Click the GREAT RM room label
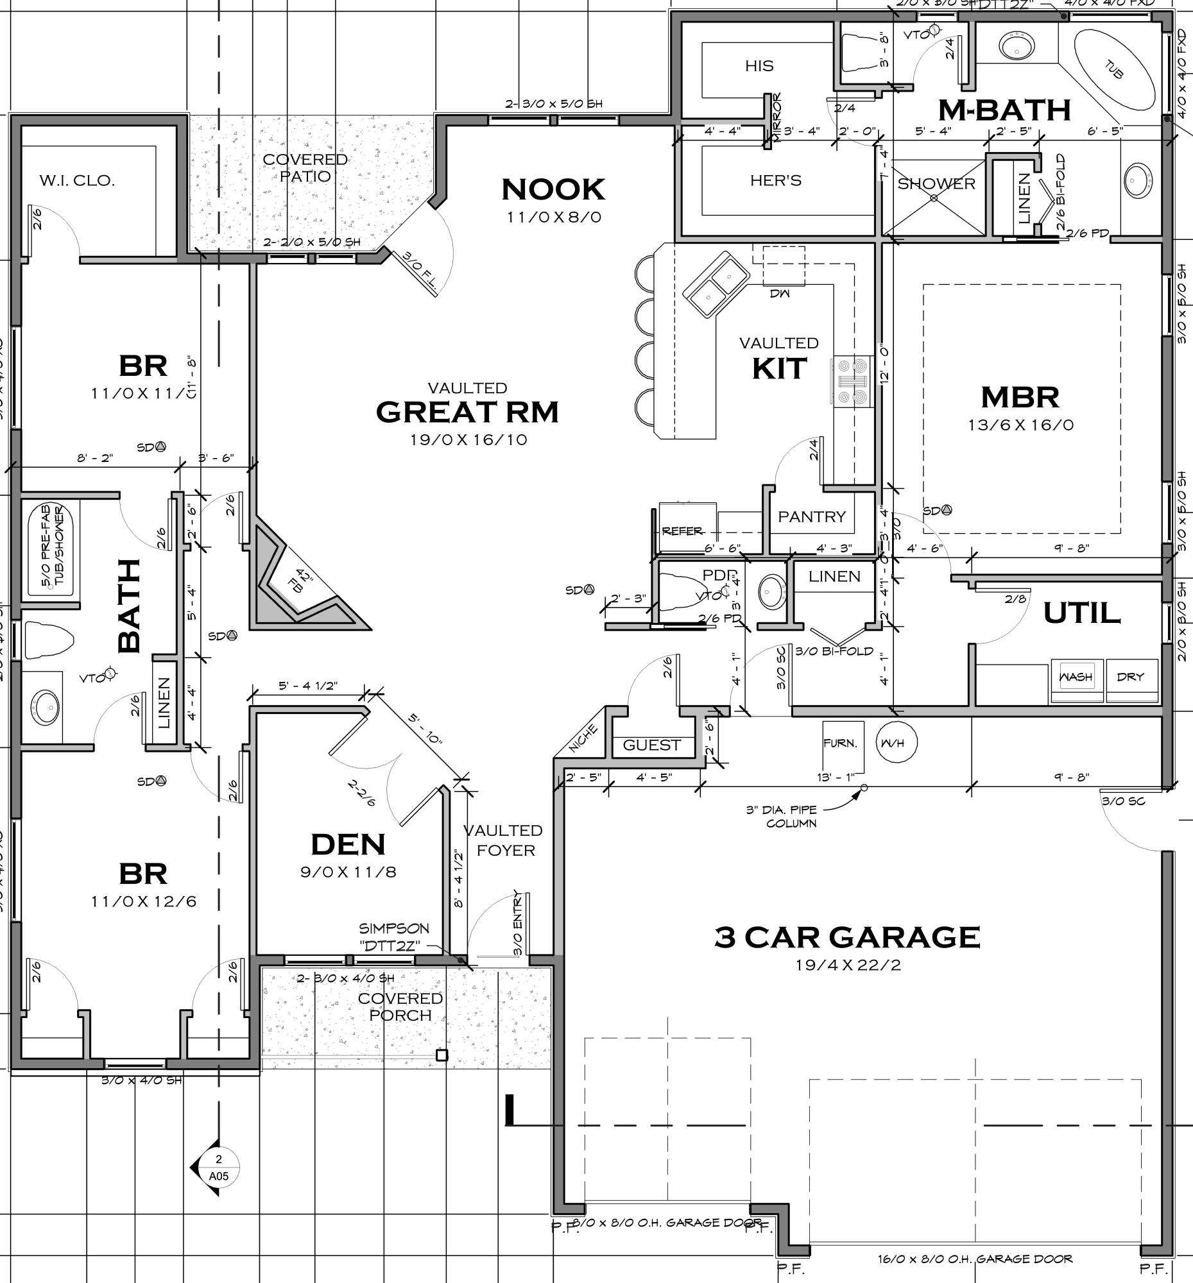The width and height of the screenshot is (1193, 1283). pos(467,412)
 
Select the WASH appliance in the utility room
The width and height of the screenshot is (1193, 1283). pos(1076,677)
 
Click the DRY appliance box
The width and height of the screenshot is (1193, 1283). pos(1130,677)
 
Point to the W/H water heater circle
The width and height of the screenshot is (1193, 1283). pos(896,742)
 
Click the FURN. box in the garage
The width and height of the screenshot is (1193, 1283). pos(842,743)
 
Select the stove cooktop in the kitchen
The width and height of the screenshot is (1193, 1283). pos(851,382)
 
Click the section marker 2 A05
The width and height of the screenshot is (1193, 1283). pos(218,1168)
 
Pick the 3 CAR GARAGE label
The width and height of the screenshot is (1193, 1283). pos(847,937)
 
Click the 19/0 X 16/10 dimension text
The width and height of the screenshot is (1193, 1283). pos(468,440)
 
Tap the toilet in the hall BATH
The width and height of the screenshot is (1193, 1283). pos(48,640)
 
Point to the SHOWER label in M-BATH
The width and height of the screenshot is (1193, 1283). pos(936,184)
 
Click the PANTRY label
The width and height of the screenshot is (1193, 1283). pos(811,517)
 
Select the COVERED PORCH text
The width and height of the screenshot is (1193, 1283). pos(400,1007)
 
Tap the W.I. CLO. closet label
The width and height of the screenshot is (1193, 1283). pos(77,181)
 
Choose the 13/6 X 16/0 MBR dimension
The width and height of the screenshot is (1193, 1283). pos(1020,425)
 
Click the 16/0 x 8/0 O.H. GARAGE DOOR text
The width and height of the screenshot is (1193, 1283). pos(975,1259)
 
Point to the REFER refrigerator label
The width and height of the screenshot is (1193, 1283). pos(682,531)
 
